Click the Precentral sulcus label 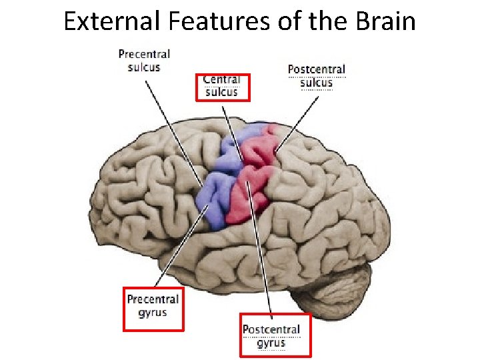pos(144,60)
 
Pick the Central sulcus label pos(221,86)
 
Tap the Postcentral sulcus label pos(316,76)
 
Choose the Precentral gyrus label pos(153,306)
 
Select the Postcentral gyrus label pos(271,336)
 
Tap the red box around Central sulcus pos(196,87)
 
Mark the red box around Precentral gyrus pos(125,308)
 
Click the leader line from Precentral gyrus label pos(180,247)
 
